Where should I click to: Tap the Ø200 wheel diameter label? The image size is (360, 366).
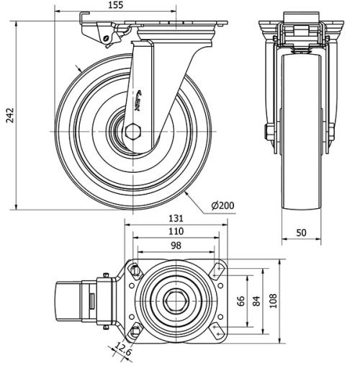point(224,205)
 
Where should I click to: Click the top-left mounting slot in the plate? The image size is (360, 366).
point(135,269)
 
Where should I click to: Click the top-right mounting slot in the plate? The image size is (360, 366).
point(217,269)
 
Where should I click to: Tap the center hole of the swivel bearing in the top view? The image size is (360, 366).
point(176,299)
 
